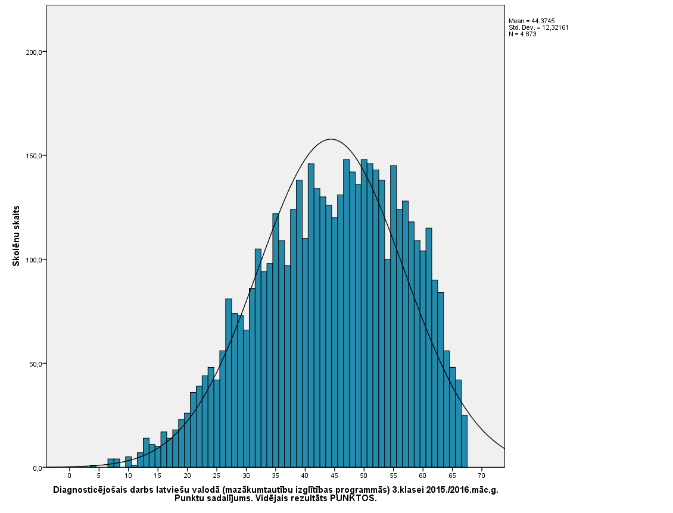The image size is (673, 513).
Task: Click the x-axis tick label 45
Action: click(334, 476)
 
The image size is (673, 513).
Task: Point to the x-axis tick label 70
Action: click(481, 476)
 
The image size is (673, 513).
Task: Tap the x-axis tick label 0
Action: click(69, 476)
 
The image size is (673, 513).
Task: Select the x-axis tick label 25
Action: click(216, 476)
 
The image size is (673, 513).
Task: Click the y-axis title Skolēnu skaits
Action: click(17, 236)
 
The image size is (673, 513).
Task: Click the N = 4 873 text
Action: click(522, 34)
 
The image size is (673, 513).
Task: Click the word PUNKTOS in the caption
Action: click(353, 499)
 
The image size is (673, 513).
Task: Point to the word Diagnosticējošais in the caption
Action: click(89, 490)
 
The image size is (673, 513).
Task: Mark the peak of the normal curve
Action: click(331, 139)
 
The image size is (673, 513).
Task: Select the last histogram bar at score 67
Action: click(464, 441)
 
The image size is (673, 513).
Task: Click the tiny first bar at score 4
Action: click(93, 466)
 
